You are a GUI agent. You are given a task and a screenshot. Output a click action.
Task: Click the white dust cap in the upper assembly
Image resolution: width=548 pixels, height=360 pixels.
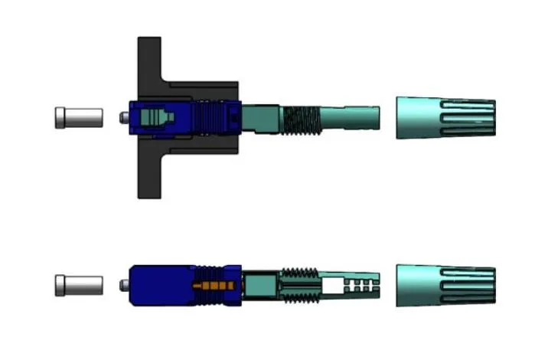click(79, 118)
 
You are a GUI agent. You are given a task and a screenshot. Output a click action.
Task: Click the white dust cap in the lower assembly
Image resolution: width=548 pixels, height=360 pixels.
click(79, 286)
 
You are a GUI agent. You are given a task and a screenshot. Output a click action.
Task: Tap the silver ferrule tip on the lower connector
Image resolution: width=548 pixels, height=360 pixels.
click(124, 286)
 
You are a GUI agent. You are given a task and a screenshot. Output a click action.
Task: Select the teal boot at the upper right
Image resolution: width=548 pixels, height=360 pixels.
click(444, 118)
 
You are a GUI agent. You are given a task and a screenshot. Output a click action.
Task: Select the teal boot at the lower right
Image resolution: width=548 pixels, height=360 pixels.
click(444, 286)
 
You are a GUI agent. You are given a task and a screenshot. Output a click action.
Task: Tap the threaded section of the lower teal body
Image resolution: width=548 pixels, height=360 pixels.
click(298, 285)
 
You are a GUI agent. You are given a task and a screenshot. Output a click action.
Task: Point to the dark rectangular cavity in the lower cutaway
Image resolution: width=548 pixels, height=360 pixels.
click(260, 285)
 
